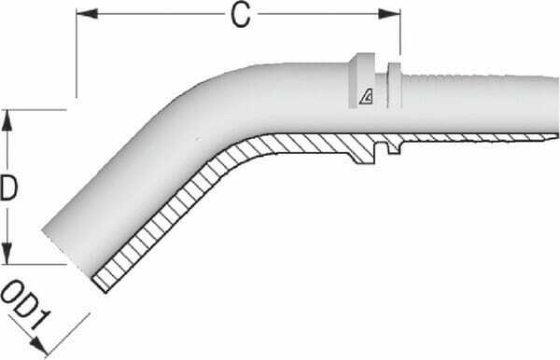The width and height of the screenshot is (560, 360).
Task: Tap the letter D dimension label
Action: (x=10, y=189)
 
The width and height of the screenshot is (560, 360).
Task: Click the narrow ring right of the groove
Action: (x=392, y=84)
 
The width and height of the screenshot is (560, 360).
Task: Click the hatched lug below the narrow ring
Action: (x=389, y=146)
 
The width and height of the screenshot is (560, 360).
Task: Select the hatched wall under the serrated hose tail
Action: (x=467, y=139)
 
